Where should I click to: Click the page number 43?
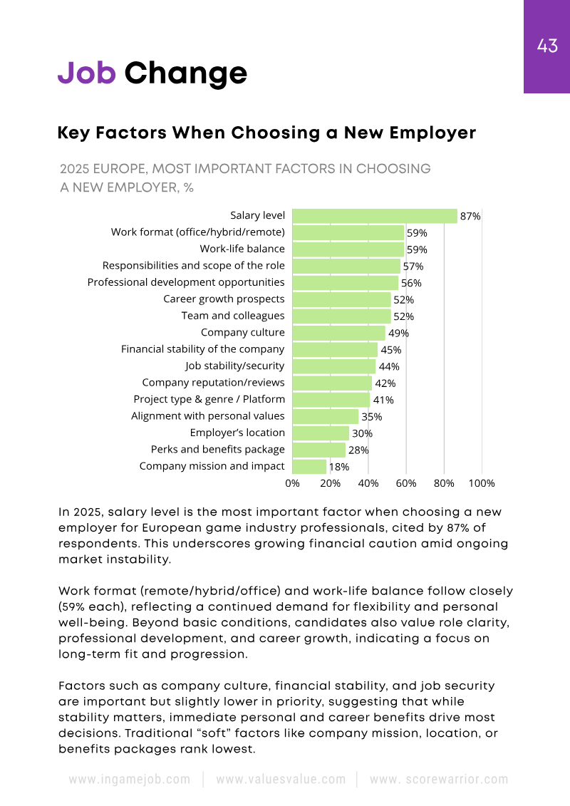547,47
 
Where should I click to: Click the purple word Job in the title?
86,73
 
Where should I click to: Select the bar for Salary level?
375,216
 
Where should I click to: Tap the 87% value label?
470,216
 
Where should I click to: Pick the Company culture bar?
339,333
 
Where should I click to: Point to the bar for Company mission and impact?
309,467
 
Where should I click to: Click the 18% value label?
338,467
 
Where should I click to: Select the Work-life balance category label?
242,249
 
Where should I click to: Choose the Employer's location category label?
237,433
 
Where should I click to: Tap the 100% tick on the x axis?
482,483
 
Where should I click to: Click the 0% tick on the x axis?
293,483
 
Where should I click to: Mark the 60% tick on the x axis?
406,483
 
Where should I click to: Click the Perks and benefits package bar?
319,450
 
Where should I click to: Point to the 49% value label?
398,333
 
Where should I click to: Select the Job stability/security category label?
235,366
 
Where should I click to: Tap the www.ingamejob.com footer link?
130,779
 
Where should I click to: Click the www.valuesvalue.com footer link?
281,779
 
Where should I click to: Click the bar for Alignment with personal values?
326,416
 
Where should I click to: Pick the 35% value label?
372,416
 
